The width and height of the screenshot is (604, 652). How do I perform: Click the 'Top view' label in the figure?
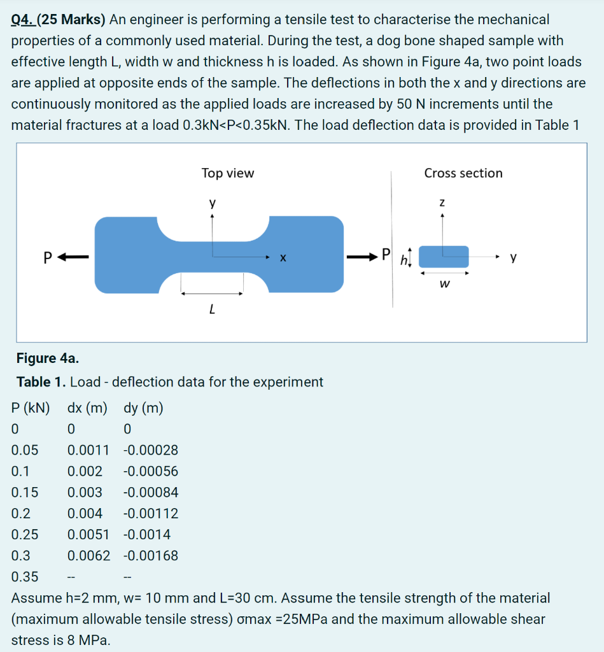(x=227, y=173)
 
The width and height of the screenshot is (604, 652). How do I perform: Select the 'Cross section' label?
(x=463, y=173)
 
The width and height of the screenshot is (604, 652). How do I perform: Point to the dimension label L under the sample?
(x=211, y=311)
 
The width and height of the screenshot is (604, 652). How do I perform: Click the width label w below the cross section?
(x=444, y=284)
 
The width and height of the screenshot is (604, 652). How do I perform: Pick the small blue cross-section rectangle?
(x=444, y=257)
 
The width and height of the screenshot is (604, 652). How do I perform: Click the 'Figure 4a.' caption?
(x=48, y=359)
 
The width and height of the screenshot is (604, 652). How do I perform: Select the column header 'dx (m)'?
(x=88, y=408)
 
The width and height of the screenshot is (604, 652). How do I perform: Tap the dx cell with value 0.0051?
(x=88, y=535)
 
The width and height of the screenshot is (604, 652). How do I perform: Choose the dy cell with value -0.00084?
(x=150, y=493)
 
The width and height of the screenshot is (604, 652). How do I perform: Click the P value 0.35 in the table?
(x=25, y=578)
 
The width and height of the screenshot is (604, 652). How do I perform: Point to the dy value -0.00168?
(x=150, y=556)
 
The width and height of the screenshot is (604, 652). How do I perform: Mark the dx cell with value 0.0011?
(x=88, y=451)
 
